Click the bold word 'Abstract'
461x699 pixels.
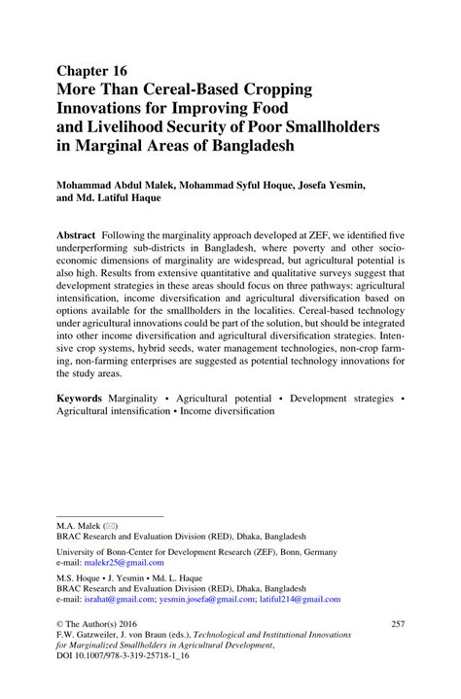(x=76, y=236)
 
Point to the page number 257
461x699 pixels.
(x=396, y=623)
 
